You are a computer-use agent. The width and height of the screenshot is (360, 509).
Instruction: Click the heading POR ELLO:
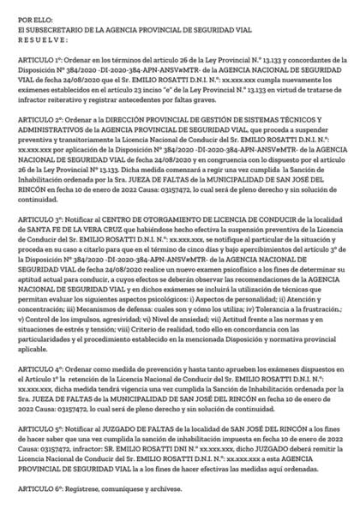[31, 17]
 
